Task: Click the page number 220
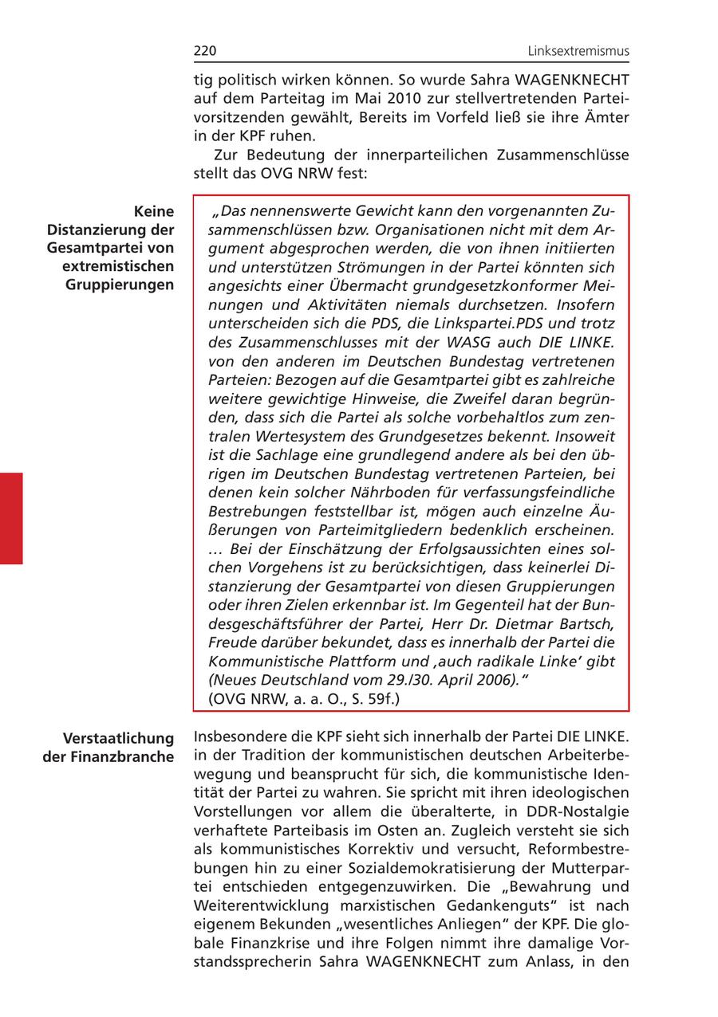point(205,52)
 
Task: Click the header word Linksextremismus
point(578,52)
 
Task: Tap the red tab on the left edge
point(11,518)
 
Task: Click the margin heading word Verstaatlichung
point(119,737)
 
